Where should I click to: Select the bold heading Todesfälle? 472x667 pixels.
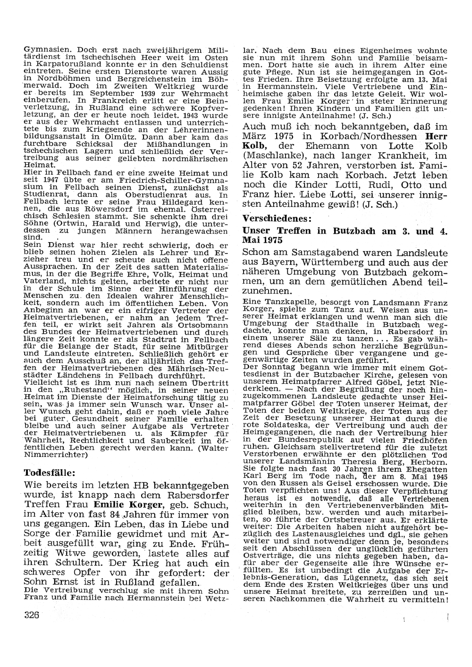(x=50, y=473)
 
